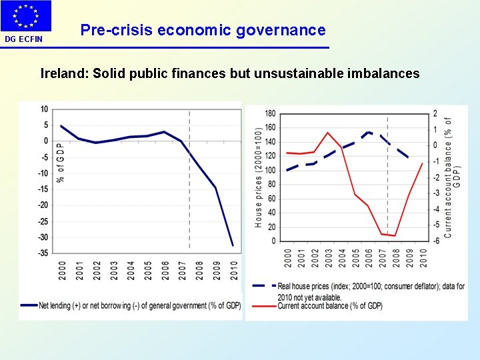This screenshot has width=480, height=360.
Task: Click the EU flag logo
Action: [x=25, y=16]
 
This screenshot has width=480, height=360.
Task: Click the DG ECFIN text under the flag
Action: [x=24, y=39]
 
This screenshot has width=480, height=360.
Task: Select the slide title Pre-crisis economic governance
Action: [x=203, y=30]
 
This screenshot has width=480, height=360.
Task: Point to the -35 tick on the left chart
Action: [x=43, y=253]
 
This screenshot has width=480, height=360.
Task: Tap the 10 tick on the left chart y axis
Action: [x=44, y=109]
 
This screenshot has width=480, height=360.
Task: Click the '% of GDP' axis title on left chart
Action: [x=61, y=162]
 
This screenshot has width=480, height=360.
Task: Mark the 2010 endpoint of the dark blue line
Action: [x=233, y=245]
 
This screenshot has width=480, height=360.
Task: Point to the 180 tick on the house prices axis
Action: [x=270, y=113]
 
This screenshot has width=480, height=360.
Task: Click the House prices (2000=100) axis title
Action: [x=259, y=177]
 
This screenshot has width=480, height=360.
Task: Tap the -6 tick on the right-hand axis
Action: [x=435, y=241]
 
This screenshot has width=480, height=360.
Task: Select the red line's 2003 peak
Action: [x=328, y=132]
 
